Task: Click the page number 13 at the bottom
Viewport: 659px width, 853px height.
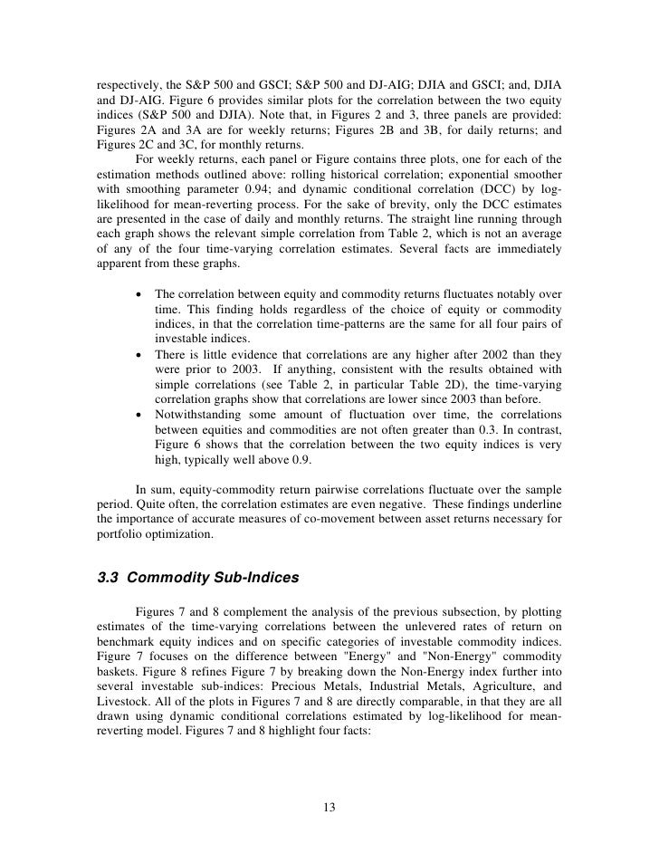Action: click(329, 808)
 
